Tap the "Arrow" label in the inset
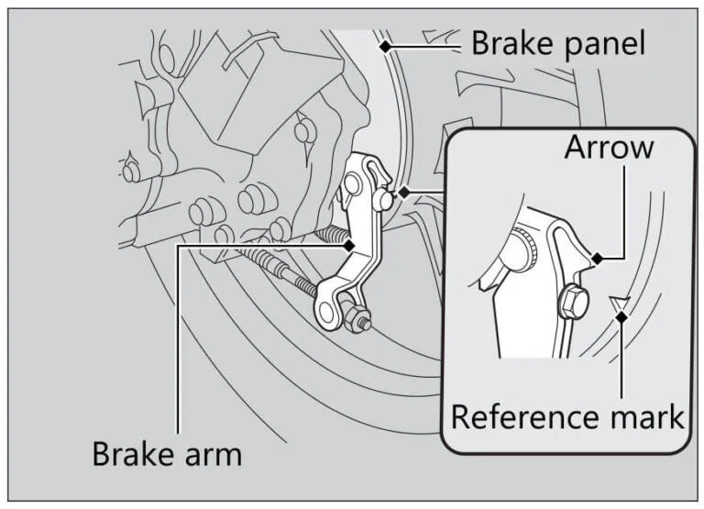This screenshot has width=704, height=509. tap(609, 147)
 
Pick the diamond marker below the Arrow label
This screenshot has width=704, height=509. tap(597, 260)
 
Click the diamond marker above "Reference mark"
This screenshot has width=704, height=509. tap(622, 317)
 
